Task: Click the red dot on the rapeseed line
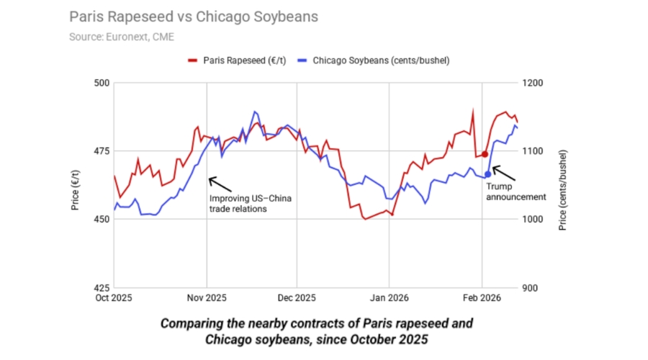(485, 154)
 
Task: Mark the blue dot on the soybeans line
(487, 174)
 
